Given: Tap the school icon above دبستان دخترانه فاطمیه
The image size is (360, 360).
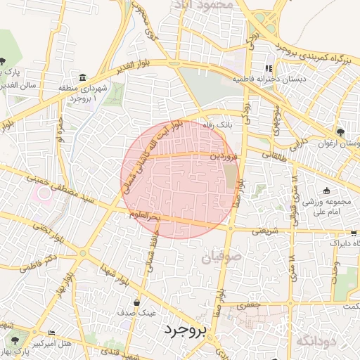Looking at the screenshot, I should coord(268,68).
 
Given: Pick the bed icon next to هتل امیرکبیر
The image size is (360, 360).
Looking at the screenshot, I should coord(51,333).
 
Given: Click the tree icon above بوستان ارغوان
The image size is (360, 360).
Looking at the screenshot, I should coord(341,131).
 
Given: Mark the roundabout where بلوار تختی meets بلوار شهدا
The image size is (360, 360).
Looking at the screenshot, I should coord(83,252).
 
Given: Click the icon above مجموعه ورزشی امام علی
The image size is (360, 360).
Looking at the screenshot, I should coord(326,191).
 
